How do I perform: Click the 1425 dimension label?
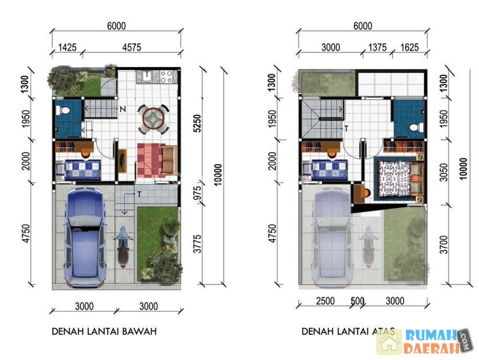tap(67, 48)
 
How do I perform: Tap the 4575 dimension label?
tap(131, 48)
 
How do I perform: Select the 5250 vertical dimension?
tap(197, 124)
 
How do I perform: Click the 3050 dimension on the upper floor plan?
tap(444, 172)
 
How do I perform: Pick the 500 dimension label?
tap(357, 301)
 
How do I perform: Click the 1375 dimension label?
tap(377, 48)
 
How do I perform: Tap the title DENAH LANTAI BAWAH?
tap(104, 331)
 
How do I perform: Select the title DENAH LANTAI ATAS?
tap(348, 331)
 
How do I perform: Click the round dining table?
tap(152, 119)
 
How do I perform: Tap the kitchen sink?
tap(148, 76)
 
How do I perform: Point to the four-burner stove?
tap(167, 76)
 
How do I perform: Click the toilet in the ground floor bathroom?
tap(65, 110)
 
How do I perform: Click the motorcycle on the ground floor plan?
tap(123, 247)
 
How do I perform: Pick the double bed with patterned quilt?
tap(400, 179)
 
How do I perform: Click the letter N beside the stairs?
tap(123, 109)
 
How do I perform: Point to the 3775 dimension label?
tap(197, 244)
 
